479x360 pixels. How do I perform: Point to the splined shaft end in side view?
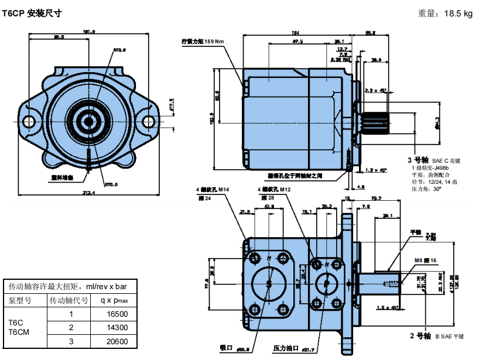click(375, 119)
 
